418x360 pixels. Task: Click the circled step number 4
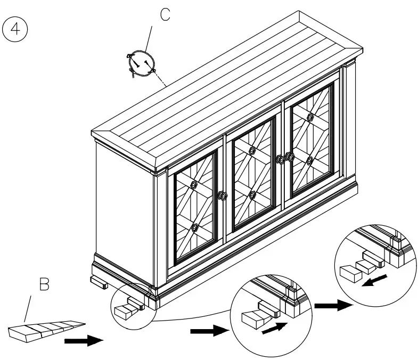click(15, 29)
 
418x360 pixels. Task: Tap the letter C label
click(165, 15)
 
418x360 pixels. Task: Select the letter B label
click(44, 284)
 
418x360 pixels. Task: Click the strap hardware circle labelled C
click(142, 64)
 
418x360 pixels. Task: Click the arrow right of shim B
click(84, 341)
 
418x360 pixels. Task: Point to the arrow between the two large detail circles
click(333, 305)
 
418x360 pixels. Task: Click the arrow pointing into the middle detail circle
click(210, 331)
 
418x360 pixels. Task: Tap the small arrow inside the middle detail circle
click(275, 328)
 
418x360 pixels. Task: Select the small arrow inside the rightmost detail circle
click(374, 280)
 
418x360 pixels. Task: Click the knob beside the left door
click(223, 196)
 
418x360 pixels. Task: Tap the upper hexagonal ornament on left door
click(194, 184)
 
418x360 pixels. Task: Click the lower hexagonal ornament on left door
click(195, 228)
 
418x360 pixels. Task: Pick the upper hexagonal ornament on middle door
click(252, 151)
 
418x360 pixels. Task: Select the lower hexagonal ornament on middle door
click(252, 195)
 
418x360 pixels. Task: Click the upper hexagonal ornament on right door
click(310, 117)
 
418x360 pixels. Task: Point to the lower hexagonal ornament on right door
click(309, 160)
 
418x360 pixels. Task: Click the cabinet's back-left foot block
click(99, 282)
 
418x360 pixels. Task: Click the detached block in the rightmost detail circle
click(350, 273)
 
